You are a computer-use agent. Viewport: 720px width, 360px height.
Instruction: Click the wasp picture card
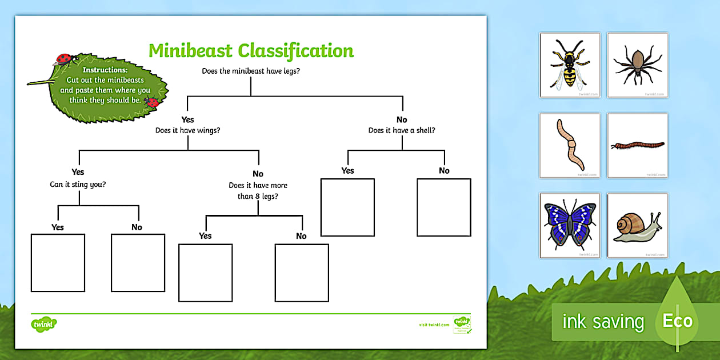coord(569,65)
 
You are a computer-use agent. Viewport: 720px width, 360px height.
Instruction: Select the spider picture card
coord(637,65)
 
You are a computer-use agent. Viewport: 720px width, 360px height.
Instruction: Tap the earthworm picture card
coord(569,145)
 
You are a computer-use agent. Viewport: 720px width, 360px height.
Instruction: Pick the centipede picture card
coord(637,146)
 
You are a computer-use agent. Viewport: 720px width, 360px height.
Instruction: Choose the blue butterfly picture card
coord(569,225)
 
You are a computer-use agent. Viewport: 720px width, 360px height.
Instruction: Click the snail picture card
coord(637,225)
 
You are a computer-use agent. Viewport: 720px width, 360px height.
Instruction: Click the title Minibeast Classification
coord(251,50)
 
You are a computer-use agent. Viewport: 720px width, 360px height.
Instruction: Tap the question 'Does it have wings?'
coord(188,130)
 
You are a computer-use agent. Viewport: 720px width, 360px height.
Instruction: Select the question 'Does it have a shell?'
coord(402,130)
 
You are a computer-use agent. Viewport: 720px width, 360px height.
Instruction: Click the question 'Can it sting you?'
coord(78,184)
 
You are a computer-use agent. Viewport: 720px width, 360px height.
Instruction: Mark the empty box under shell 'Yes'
coord(347,207)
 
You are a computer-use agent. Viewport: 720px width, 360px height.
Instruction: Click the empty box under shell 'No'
coord(444,207)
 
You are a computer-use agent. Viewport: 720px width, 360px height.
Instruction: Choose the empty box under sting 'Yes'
coord(58,262)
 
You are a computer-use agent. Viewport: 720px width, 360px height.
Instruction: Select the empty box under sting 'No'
coord(138,262)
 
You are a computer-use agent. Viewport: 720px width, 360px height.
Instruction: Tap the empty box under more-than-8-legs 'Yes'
coord(206,273)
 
